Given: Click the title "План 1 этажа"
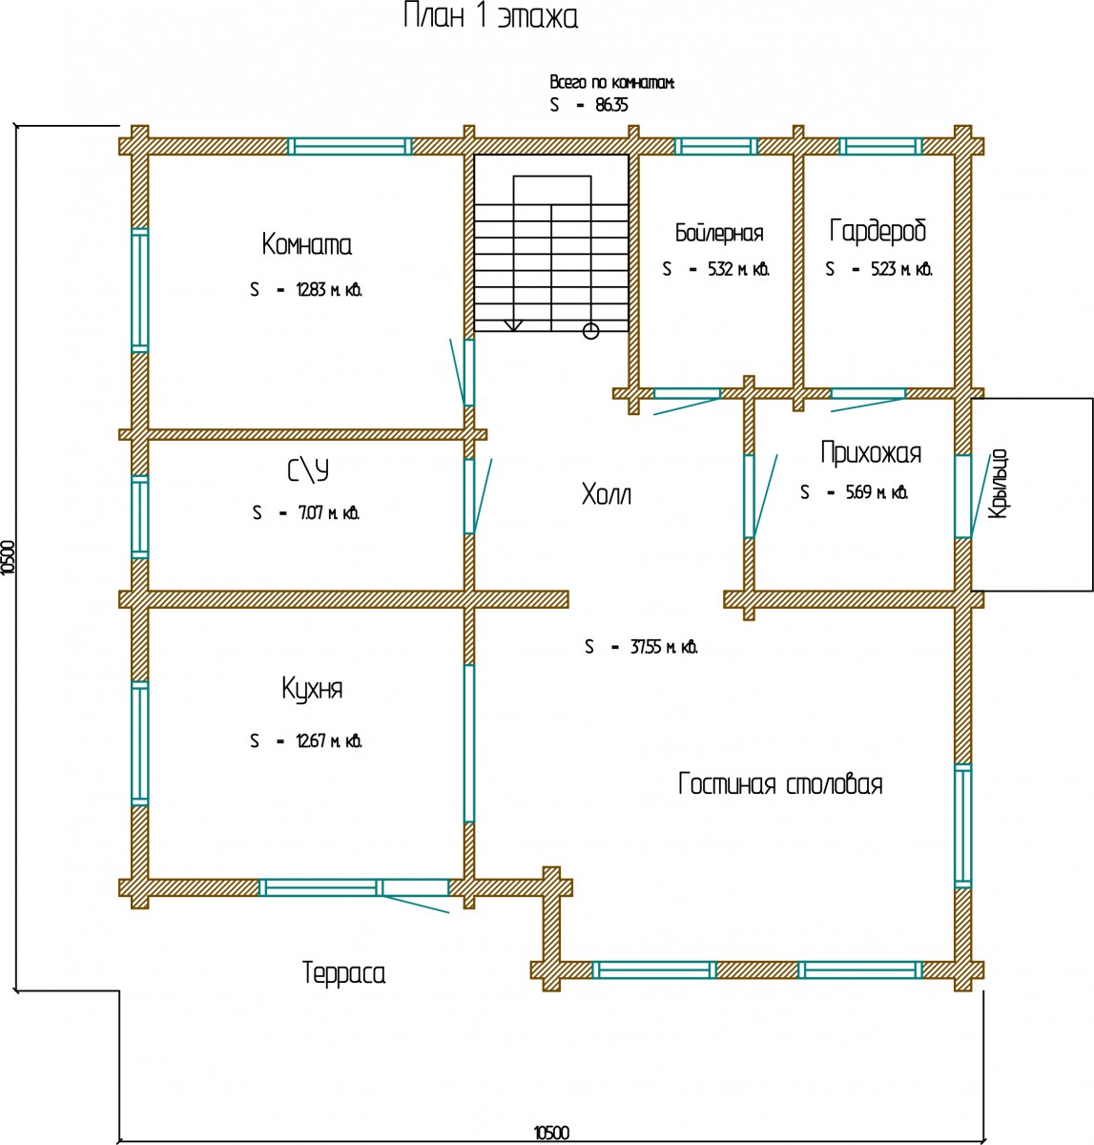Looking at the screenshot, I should pyautogui.click(x=490, y=18).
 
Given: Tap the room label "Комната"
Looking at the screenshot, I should pyautogui.click(x=306, y=245).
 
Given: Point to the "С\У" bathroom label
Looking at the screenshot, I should pyautogui.click(x=307, y=471).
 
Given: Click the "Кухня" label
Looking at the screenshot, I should pyautogui.click(x=312, y=689).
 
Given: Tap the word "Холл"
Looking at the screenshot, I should pyautogui.click(x=607, y=494).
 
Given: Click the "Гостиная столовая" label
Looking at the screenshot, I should pyautogui.click(x=780, y=784).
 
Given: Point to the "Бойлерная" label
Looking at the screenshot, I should pyautogui.click(x=718, y=233).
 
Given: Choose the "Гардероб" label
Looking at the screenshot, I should pyautogui.click(x=877, y=231).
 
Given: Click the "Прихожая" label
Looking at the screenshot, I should pyautogui.click(x=871, y=452).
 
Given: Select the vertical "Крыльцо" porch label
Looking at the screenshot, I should pyautogui.click(x=998, y=485).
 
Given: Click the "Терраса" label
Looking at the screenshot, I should pyautogui.click(x=343, y=974).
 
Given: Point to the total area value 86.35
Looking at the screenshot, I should pyautogui.click(x=611, y=106).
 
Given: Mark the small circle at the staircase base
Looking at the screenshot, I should pyautogui.click(x=590, y=331).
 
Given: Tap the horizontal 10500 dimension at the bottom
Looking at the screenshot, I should pyautogui.click(x=550, y=1133).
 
